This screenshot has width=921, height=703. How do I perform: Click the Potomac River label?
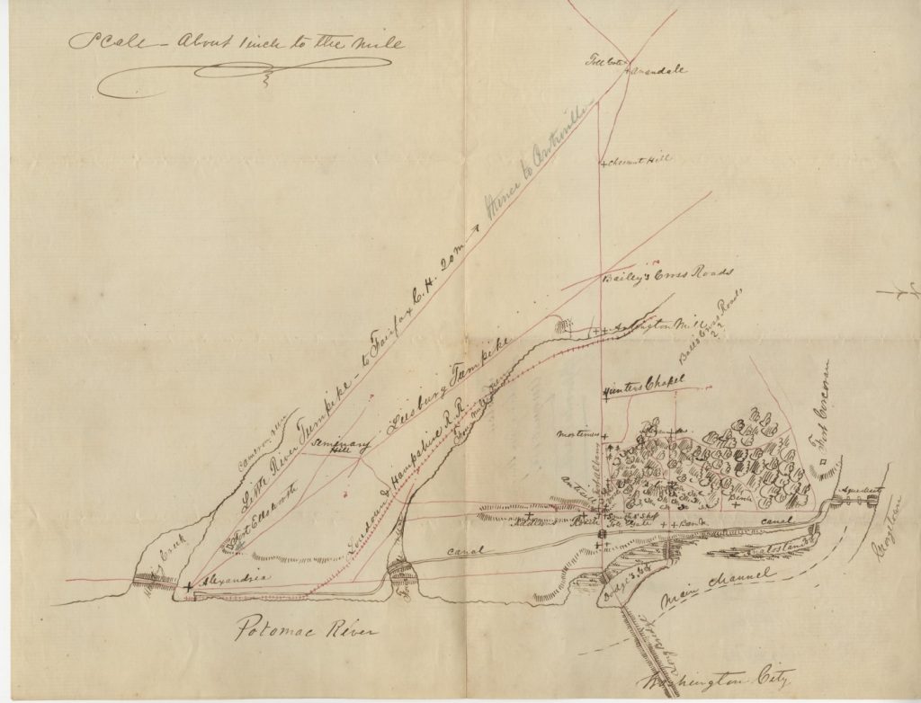[x=307, y=628]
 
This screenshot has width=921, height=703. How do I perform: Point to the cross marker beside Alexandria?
[x=187, y=586]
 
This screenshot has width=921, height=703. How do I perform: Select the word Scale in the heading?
[x=100, y=43]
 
